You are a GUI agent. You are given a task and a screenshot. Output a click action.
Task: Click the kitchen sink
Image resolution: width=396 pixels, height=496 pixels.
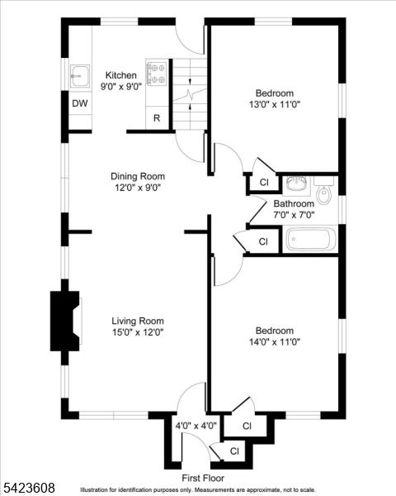[x=80, y=76]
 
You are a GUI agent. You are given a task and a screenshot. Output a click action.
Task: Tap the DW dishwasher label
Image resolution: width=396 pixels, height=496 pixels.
[x=80, y=103]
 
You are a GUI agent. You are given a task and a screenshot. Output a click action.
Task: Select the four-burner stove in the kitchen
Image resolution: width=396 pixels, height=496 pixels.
[x=157, y=74]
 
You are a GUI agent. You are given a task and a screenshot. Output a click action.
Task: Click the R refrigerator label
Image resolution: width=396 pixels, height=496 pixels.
[x=157, y=118]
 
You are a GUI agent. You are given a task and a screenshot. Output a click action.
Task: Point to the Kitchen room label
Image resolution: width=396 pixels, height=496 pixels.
[x=121, y=75]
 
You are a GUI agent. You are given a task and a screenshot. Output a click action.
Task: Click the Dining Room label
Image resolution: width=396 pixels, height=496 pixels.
[x=138, y=176]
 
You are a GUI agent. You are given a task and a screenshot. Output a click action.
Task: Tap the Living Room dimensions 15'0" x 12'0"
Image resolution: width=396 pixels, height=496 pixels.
[x=138, y=332]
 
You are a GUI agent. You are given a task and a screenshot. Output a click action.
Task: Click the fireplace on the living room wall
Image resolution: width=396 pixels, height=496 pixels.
[x=65, y=321]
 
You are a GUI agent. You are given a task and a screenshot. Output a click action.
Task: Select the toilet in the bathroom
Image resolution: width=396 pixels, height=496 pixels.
[x=324, y=190]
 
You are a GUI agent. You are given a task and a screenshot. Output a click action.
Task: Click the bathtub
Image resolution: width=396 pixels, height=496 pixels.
[x=311, y=239]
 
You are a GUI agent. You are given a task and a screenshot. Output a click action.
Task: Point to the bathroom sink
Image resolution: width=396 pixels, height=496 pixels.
[x=296, y=184]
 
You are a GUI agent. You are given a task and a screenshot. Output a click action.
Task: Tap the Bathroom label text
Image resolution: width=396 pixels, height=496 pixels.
[x=294, y=203]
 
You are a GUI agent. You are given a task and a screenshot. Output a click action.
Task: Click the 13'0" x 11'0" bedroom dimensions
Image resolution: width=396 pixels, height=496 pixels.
[x=275, y=104]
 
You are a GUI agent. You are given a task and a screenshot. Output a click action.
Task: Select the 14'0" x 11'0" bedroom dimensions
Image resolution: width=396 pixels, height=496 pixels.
[x=275, y=342]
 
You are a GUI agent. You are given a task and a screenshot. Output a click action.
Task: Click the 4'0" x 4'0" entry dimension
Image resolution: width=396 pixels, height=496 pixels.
[x=196, y=426]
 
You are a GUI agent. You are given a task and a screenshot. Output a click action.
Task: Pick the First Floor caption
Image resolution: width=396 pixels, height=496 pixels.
[x=203, y=478]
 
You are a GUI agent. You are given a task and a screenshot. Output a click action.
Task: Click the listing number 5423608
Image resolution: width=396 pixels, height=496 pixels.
[x=27, y=487]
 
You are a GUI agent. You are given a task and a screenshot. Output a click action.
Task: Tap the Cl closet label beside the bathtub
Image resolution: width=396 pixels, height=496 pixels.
[x=263, y=241]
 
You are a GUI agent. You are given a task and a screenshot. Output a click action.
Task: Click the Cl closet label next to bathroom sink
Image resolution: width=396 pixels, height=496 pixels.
[x=264, y=182]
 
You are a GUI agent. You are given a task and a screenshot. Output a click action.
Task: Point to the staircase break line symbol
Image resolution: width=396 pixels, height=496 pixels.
[x=190, y=94]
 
